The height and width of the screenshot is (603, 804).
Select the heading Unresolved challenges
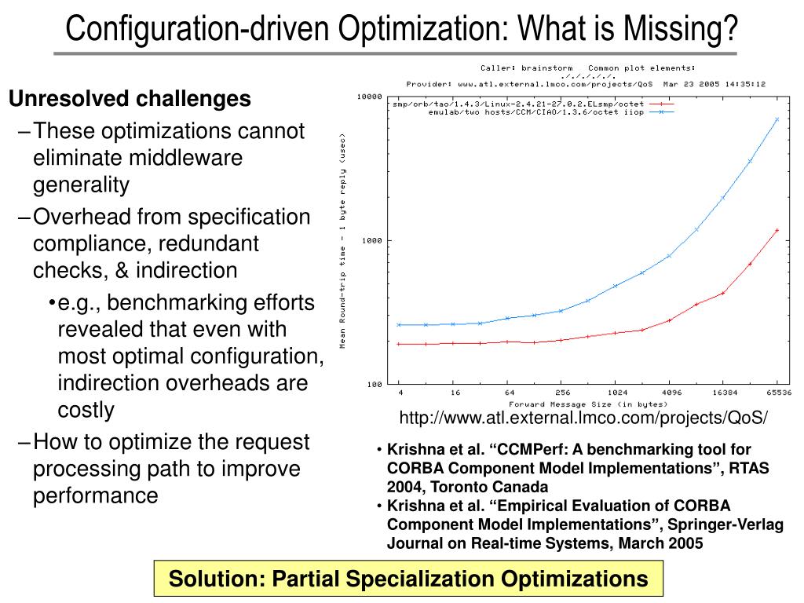click(130, 100)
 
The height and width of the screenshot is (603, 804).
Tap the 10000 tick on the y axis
click(368, 97)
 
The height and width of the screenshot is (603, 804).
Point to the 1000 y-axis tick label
click(371, 240)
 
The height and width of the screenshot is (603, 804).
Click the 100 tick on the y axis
click(373, 384)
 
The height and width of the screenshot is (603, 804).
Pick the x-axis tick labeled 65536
click(778, 392)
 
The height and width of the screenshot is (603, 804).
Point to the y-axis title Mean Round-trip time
click(342, 243)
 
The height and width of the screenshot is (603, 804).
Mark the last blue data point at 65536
click(777, 119)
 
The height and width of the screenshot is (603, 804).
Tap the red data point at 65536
click(777, 230)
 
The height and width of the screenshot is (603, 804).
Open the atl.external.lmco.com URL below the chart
click(583, 417)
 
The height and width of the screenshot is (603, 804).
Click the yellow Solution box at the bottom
click(408, 579)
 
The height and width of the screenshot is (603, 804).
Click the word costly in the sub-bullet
click(86, 410)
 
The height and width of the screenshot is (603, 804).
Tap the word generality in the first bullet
click(81, 185)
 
